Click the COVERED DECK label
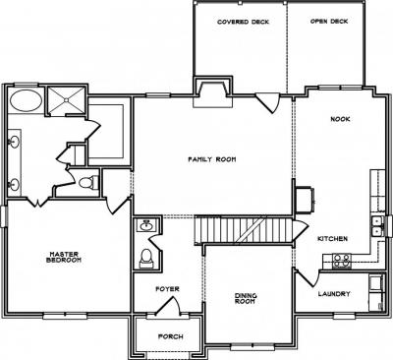tap(243, 22)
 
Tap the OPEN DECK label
tap(329, 22)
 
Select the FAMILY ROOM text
tap(212, 159)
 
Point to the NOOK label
tap(340, 119)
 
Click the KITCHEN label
tap(332, 239)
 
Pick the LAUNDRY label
tap(334, 294)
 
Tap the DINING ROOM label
tap(246, 298)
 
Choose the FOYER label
tap(167, 289)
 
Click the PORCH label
tap(171, 336)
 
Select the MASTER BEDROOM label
tap(64, 257)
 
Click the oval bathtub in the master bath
tap(26, 100)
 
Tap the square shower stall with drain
tap(66, 100)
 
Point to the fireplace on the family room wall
tap(213, 94)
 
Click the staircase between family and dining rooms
tap(244, 229)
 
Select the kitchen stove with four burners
tap(342, 261)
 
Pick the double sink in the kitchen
tap(377, 226)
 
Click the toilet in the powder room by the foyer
tap(146, 258)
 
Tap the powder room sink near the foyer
tap(146, 225)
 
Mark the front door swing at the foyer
tap(168, 306)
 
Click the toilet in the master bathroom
tap(88, 182)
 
